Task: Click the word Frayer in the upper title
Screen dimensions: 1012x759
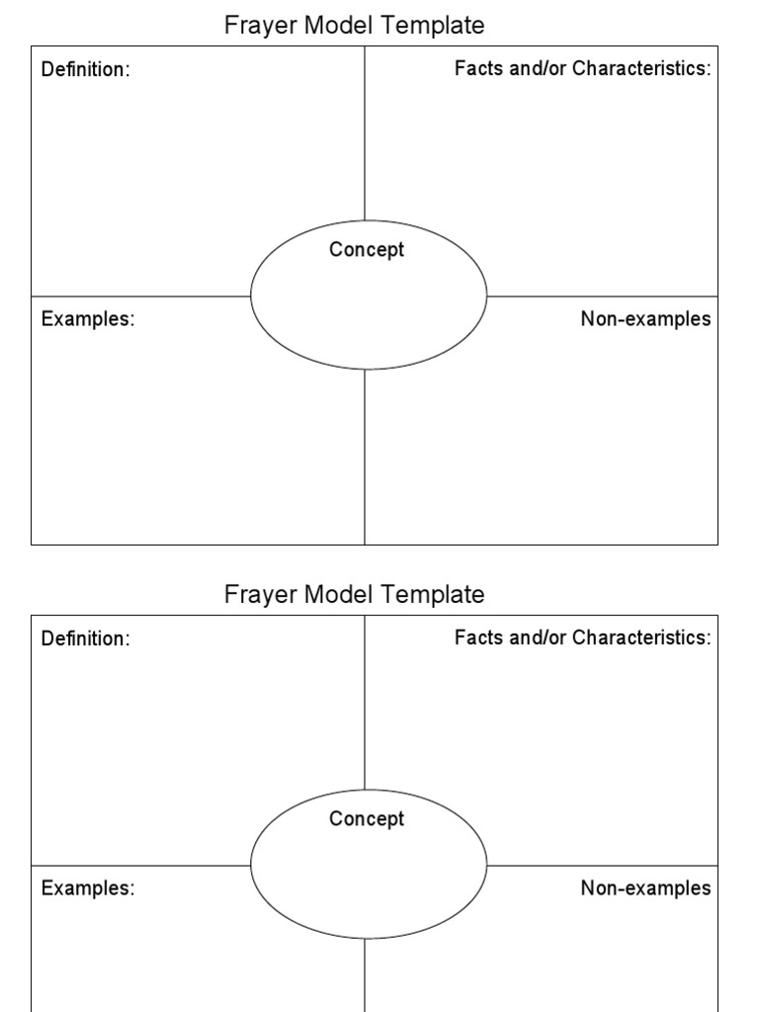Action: [253, 25]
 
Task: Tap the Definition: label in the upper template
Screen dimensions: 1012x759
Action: [85, 70]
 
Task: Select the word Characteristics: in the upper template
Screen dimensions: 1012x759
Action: [642, 68]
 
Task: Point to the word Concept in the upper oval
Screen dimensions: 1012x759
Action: [367, 250]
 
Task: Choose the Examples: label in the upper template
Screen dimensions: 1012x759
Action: [88, 319]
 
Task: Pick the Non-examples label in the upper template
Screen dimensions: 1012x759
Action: [645, 319]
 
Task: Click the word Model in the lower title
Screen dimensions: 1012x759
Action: [336, 594]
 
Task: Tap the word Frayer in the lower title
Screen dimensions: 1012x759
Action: [253, 594]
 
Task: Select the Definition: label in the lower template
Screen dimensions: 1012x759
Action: [85, 639]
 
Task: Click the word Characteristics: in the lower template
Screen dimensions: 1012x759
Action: [642, 637]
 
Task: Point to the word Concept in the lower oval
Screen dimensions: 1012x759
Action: [367, 819]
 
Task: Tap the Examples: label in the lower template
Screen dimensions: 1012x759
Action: [88, 888]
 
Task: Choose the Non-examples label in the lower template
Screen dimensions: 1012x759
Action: [645, 888]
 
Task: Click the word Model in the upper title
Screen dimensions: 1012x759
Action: [336, 25]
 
